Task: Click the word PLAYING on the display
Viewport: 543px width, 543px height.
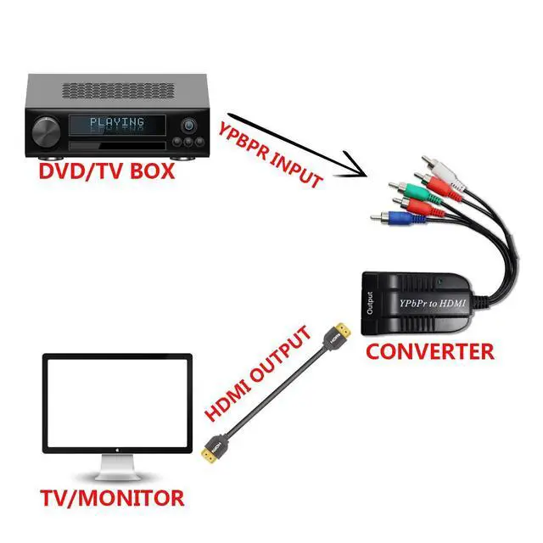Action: coord(117,123)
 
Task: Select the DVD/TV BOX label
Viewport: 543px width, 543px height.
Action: coord(106,171)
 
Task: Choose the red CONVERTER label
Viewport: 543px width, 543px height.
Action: coord(429,351)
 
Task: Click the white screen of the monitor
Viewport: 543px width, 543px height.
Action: coord(118,404)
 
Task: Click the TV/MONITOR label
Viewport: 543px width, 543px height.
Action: coord(112,498)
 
